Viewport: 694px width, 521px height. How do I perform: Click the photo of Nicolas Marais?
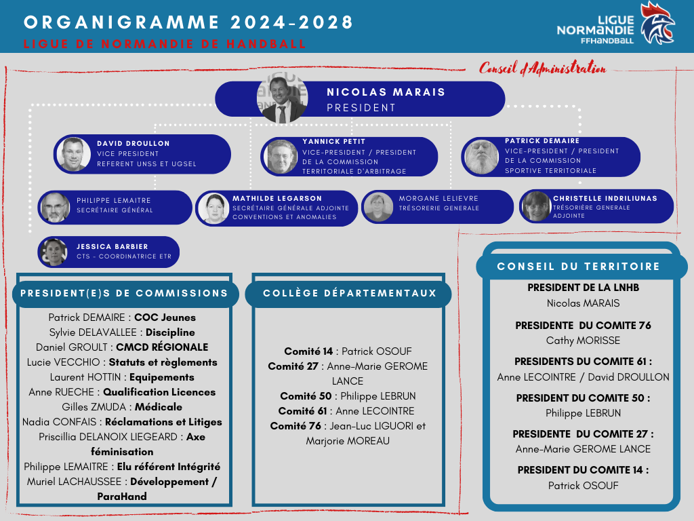pyautogui.click(x=282, y=98)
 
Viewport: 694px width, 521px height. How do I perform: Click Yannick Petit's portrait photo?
pyautogui.click(x=281, y=157)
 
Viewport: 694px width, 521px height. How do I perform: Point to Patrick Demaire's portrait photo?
pyautogui.click(x=482, y=157)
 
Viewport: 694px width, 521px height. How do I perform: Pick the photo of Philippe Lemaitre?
pyautogui.click(x=55, y=208)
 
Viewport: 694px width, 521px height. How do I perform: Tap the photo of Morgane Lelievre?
pyautogui.click(x=378, y=207)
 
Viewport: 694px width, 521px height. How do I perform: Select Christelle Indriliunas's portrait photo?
pyautogui.click(x=536, y=206)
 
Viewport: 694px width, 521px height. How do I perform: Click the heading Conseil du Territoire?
pyautogui.click(x=578, y=267)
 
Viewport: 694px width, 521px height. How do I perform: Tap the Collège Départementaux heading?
pyautogui.click(x=348, y=294)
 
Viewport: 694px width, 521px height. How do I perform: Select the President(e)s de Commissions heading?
pyautogui.click(x=125, y=294)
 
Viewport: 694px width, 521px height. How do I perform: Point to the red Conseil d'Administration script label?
pyautogui.click(x=542, y=68)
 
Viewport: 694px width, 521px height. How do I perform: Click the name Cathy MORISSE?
pyautogui.click(x=583, y=341)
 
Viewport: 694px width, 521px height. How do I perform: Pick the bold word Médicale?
pyautogui.click(x=159, y=407)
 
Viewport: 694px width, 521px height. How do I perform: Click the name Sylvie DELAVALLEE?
pyautogui.click(x=94, y=332)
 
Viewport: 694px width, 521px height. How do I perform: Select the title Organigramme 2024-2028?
pyautogui.click(x=188, y=22)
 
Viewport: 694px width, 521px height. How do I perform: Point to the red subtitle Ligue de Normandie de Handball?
pyautogui.click(x=165, y=44)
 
